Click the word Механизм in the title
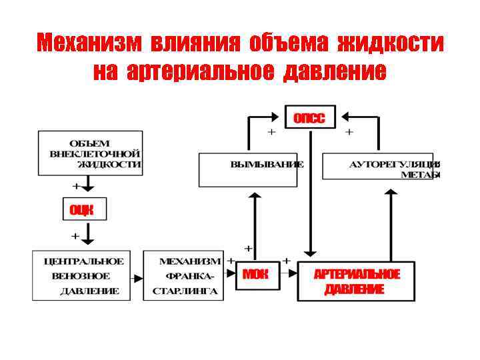88,43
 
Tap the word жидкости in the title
391,43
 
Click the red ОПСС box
310,118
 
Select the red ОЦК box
84,209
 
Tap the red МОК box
257,274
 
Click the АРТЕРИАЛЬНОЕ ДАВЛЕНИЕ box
356,281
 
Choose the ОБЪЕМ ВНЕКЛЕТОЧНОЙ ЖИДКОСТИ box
90,153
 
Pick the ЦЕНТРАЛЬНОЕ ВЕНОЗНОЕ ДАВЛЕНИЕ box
81,275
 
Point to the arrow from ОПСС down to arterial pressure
310,193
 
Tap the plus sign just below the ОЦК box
75,235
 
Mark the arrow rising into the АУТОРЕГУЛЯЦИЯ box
391,223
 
